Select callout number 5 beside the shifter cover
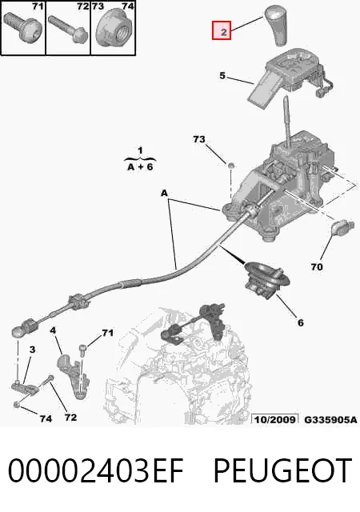tap(222, 76)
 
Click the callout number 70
tap(316, 267)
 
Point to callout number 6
tap(301, 322)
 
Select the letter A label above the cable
tap(164, 194)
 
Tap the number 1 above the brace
tap(140, 150)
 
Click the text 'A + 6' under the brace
tap(140, 167)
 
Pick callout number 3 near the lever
tap(32, 350)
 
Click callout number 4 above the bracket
tap(53, 330)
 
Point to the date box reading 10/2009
tap(274, 419)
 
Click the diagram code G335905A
tap(330, 419)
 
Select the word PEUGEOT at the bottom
tap(283, 470)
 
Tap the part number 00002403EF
tap(95, 470)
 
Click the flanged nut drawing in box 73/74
tap(114, 30)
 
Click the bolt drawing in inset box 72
tap(68, 29)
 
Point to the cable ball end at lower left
tap(18, 332)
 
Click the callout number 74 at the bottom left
tap(46, 418)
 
